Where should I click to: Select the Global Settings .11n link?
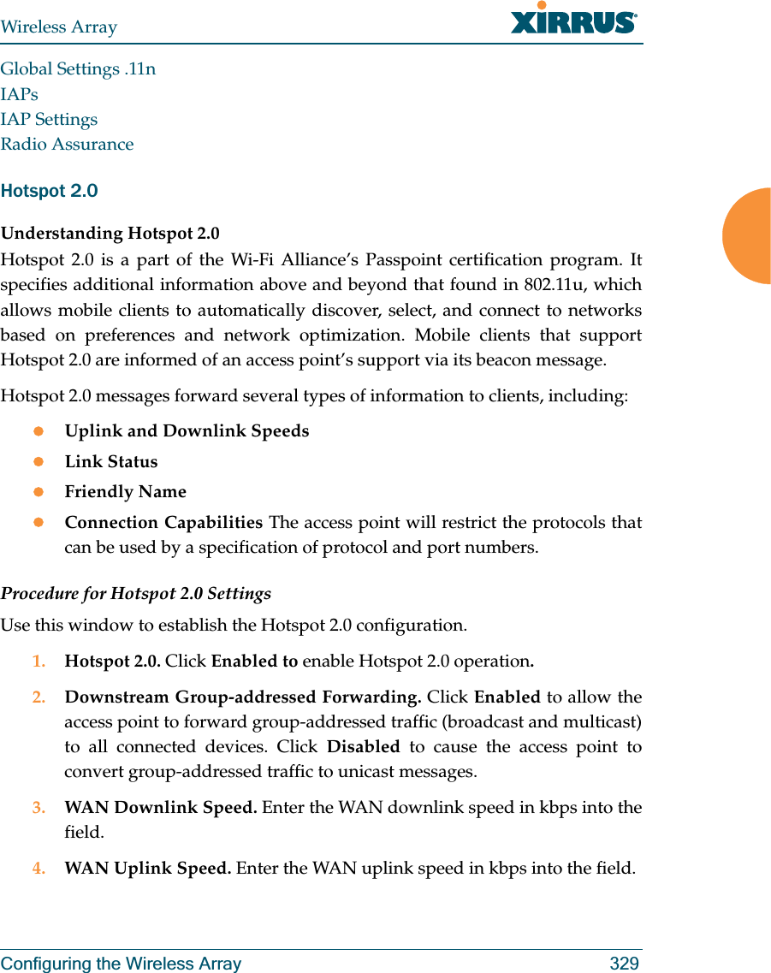(78, 68)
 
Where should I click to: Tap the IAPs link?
(19, 94)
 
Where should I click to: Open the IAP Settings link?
(49, 119)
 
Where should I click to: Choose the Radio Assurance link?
(67, 144)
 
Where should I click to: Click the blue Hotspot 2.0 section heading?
(49, 191)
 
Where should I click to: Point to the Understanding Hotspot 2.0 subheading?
(110, 234)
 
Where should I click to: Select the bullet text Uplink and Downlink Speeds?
(187, 430)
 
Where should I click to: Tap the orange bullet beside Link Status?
(38, 461)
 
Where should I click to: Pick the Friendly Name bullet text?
(125, 492)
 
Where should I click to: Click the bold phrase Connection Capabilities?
(163, 522)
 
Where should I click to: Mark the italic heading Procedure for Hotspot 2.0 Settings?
(135, 593)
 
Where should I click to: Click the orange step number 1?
(38, 662)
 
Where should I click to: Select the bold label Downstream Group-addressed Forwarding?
(242, 697)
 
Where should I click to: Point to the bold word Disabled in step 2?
(363, 746)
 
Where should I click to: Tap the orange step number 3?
(38, 807)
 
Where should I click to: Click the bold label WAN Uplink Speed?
(147, 868)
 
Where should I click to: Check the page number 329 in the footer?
(624, 964)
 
